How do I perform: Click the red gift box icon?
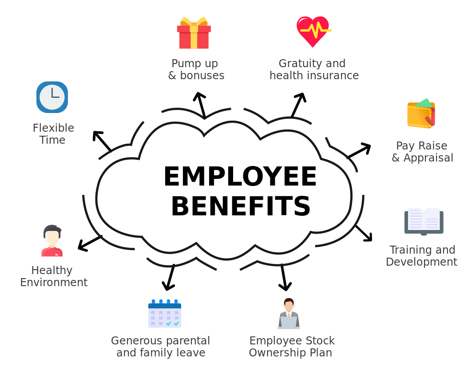click(194, 33)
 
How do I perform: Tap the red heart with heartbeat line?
click(313, 31)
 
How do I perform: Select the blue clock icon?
click(52, 97)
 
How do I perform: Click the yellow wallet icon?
click(421, 114)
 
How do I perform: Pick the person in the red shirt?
click(52, 241)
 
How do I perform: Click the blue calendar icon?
click(165, 314)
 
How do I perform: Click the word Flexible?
click(53, 128)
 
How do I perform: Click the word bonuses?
click(202, 76)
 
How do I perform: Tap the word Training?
click(406, 250)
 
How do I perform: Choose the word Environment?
click(54, 283)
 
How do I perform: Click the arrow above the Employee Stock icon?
click(285, 280)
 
